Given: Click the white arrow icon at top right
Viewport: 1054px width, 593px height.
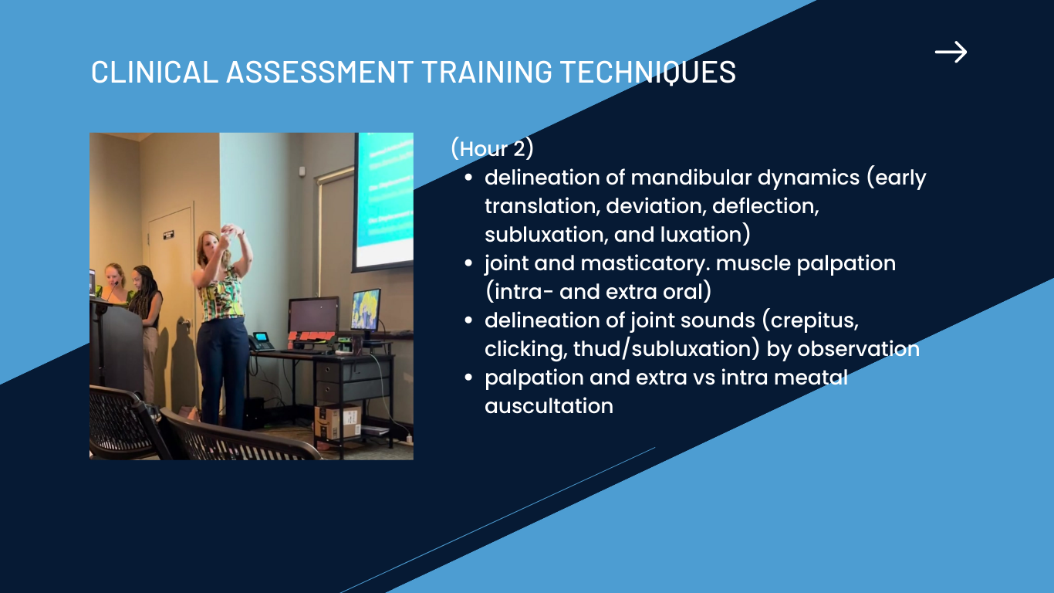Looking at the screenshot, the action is point(951,52).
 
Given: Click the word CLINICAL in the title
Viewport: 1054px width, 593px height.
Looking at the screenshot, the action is point(154,72).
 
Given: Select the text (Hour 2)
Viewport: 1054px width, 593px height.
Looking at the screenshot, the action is point(492,148).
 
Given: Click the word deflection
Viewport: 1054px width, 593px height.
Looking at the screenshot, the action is point(765,206).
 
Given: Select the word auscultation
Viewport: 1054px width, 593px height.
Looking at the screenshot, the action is point(549,406).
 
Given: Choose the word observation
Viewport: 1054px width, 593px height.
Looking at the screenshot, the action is point(858,349).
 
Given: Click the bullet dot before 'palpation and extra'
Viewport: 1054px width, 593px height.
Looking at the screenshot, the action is point(468,378).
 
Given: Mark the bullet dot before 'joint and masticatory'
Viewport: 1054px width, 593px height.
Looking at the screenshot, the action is point(468,263).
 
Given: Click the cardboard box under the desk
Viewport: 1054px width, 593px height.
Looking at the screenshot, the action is point(337,421).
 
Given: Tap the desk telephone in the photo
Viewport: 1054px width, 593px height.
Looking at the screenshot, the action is point(261,341).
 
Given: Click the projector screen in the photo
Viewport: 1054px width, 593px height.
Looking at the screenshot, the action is point(384,200).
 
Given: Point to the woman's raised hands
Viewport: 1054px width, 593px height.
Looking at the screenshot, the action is point(231,232).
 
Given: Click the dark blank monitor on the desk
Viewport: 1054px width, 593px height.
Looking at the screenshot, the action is point(313,314).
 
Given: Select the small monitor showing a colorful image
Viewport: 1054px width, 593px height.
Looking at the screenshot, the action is point(366,310).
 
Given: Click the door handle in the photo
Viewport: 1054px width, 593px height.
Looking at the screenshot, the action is point(184,323).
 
